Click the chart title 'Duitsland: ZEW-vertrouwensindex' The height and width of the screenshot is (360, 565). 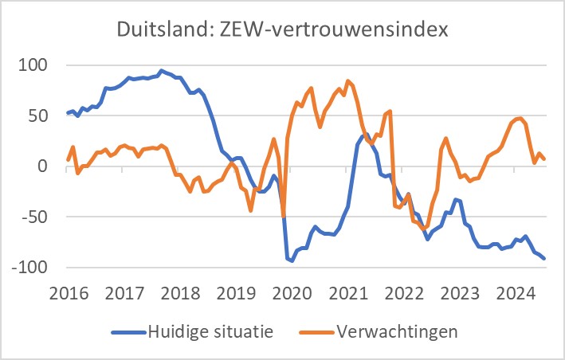point(282,30)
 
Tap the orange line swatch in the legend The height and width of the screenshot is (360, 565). point(310,331)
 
